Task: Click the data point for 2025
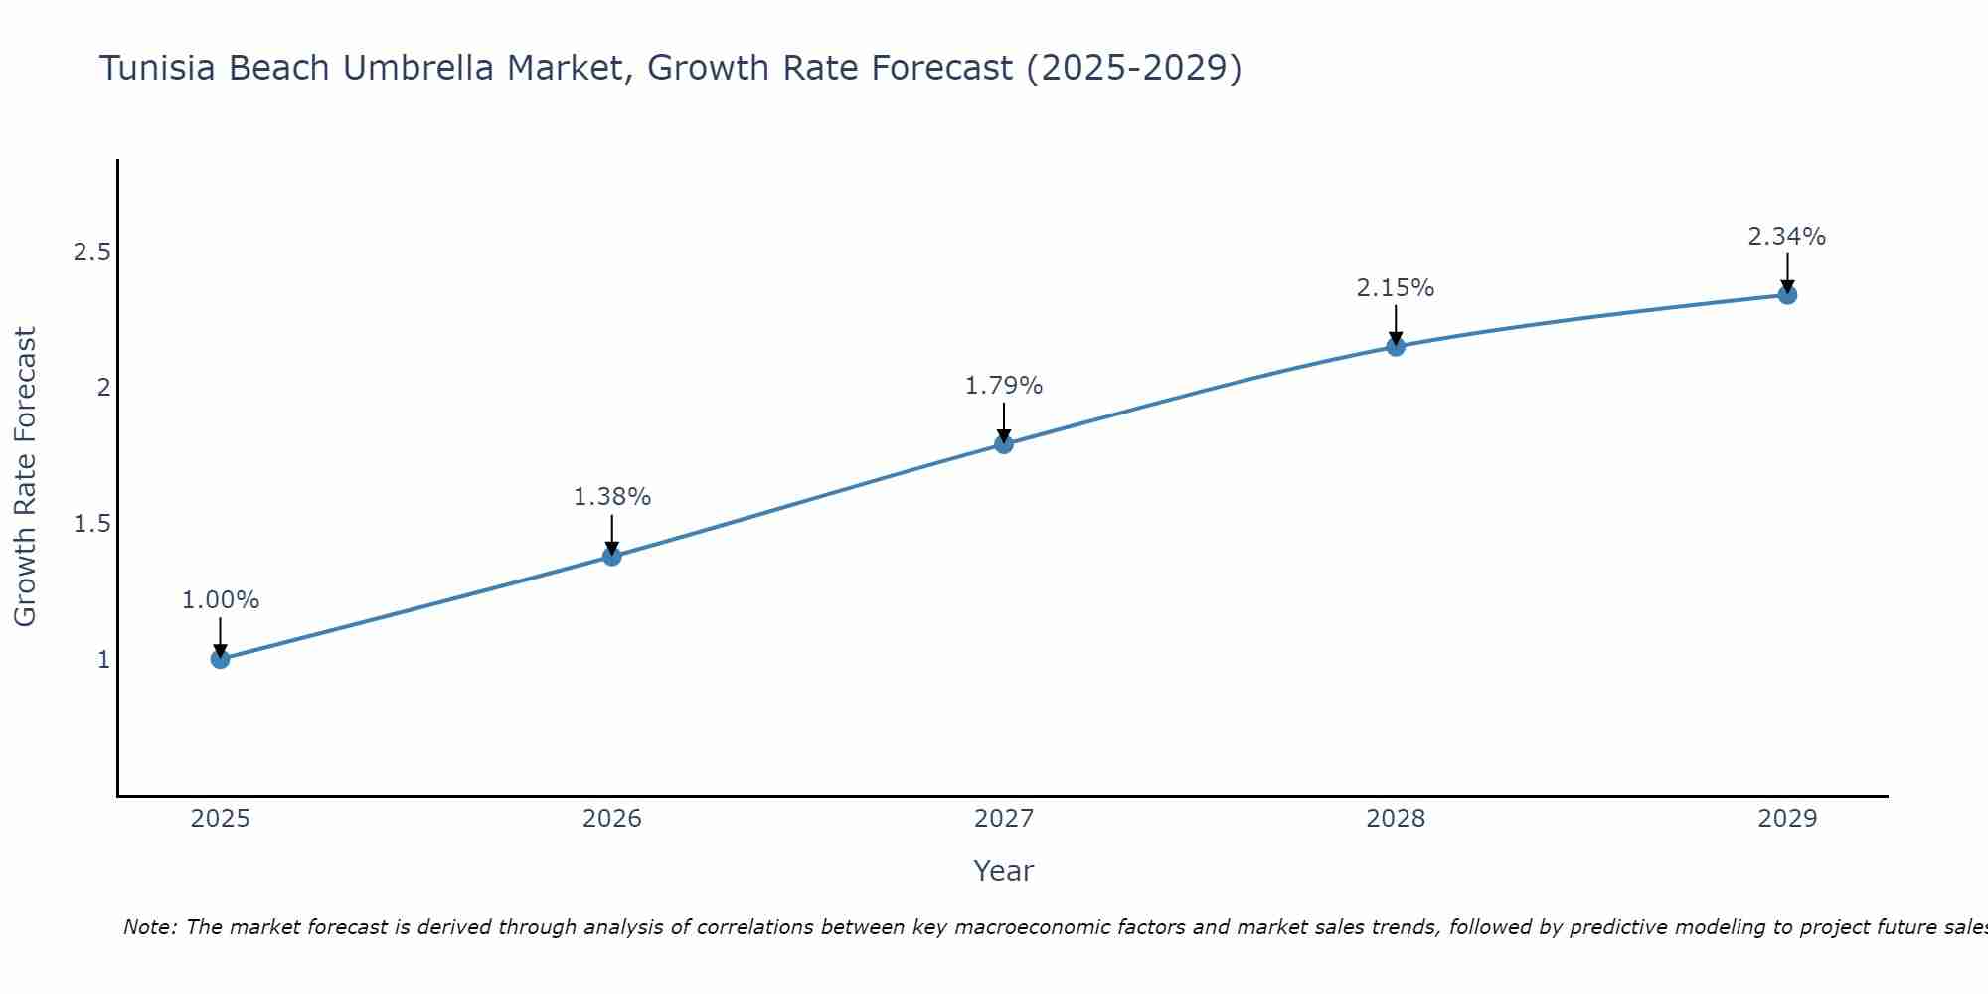pos(221,659)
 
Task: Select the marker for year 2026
pos(612,556)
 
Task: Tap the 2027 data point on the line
pos(1004,444)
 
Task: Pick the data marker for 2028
pos(1396,347)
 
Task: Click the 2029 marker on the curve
pos(1787,295)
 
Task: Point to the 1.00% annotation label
pos(221,600)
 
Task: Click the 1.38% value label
pos(612,497)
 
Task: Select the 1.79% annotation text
pos(1004,386)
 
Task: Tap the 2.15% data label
pos(1396,288)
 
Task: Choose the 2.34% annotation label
pos(1787,237)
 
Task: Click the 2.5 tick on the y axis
pos(91,252)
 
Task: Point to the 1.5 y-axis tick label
pos(91,524)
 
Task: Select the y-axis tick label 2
pos(103,388)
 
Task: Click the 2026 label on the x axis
pos(612,819)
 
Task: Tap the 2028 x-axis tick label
pos(1396,819)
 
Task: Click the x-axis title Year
pos(1004,871)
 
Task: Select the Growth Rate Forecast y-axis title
pos(25,477)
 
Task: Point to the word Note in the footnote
pos(148,927)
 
